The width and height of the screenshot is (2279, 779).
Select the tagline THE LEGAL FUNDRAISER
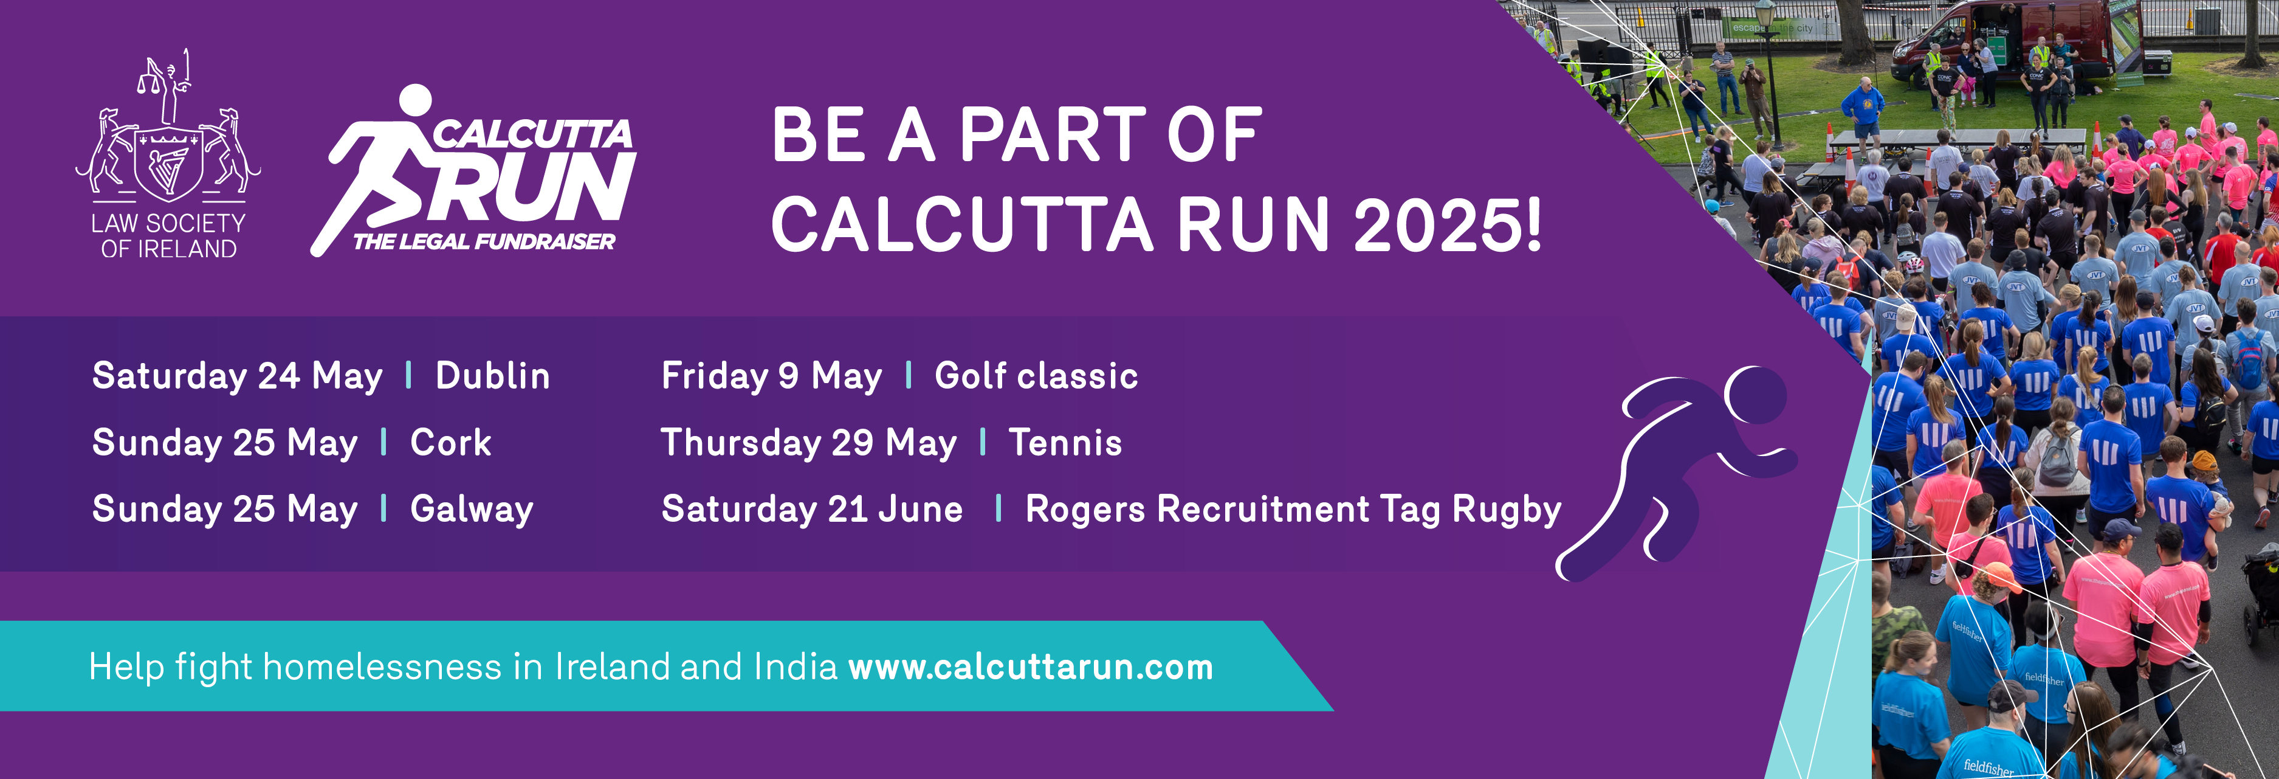(484, 241)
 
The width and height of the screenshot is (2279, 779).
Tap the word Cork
(450, 443)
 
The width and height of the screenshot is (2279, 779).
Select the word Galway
(472, 510)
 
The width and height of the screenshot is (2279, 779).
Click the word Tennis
(1065, 443)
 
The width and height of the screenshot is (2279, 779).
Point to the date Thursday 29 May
(809, 443)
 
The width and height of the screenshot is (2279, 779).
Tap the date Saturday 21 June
(812, 510)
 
